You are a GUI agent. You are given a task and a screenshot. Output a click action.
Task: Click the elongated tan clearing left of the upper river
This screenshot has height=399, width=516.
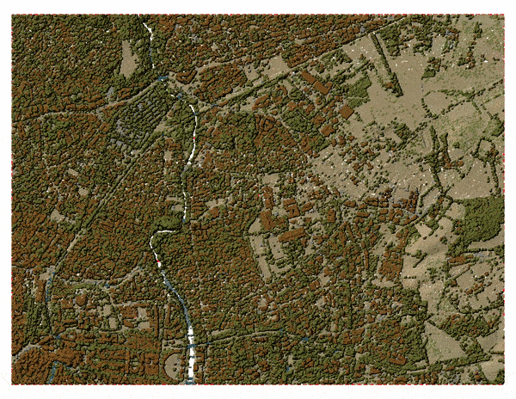coord(129,58)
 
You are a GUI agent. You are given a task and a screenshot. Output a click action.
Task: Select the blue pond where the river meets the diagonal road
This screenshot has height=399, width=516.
coord(163,78)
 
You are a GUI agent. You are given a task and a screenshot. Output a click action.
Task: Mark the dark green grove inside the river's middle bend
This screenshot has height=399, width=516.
coord(170,223)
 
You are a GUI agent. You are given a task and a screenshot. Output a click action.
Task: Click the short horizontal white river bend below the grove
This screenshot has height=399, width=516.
coord(161,233)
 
